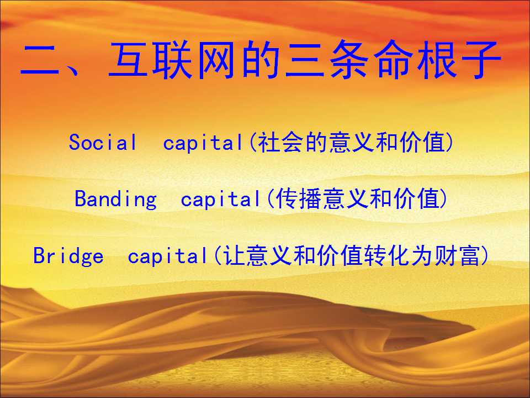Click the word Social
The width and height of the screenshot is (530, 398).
(103, 142)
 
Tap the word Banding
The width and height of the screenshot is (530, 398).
(115, 198)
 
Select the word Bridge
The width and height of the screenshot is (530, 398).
(68, 256)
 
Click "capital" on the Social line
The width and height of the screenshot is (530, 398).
(203, 143)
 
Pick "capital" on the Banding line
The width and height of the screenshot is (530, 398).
(221, 198)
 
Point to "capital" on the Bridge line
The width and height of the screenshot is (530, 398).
(168, 256)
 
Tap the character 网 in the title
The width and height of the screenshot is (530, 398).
(216, 60)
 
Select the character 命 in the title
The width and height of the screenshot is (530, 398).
(393, 60)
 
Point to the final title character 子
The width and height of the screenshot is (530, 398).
(480, 60)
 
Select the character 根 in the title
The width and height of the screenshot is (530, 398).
(436, 60)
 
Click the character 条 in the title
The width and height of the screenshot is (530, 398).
(348, 60)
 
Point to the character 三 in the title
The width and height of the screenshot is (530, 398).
(304, 60)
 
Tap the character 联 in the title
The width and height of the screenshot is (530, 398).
(172, 60)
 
